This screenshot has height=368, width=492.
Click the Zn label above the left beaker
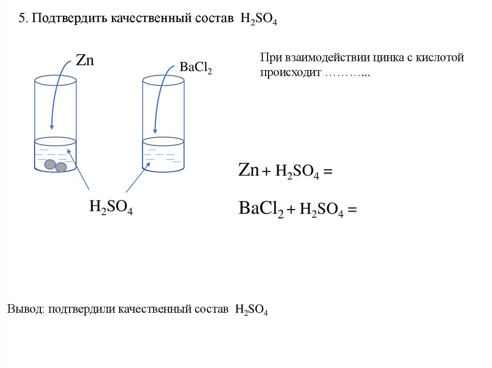coord(85,60)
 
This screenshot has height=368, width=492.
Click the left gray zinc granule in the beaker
coord(50,165)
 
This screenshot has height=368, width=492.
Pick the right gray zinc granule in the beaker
coord(61,167)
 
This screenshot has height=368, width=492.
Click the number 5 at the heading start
coord(21,19)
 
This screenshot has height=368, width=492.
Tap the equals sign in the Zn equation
coord(328,172)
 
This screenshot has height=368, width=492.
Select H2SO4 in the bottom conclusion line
coord(251,309)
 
